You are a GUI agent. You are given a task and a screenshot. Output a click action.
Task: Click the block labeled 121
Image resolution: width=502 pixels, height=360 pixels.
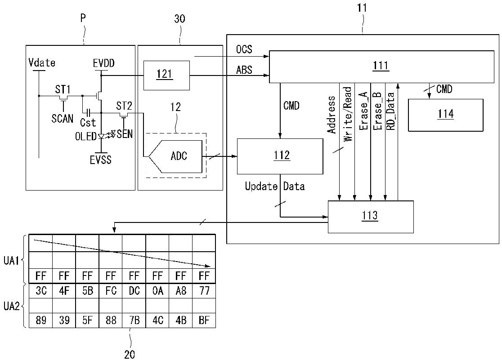click(166, 75)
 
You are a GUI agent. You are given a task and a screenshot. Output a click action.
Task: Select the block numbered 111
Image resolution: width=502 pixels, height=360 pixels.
click(381, 67)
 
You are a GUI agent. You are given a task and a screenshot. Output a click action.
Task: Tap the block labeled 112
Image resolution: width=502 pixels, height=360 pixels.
click(280, 156)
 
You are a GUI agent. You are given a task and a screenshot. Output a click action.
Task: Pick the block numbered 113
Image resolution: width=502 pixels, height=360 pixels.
click(371, 217)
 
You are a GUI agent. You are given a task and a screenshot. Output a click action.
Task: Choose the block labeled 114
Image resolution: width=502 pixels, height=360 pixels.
click(445, 115)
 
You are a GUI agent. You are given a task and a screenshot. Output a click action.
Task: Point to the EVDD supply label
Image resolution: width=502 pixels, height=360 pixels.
click(104, 63)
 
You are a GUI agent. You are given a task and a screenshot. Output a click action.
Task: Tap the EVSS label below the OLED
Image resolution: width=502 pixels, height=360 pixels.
click(100, 160)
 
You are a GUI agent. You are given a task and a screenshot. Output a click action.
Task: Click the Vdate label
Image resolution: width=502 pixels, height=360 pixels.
click(42, 62)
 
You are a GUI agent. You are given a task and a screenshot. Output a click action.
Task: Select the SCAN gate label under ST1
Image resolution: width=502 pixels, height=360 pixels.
click(63, 119)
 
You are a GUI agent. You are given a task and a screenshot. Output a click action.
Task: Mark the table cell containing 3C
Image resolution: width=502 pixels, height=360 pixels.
click(40, 291)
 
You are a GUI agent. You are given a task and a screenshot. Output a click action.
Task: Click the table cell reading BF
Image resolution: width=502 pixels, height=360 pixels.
click(204, 320)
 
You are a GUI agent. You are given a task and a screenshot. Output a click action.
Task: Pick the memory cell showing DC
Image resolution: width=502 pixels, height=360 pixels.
click(134, 291)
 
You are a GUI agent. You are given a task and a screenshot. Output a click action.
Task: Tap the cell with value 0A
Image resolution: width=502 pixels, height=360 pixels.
click(157, 291)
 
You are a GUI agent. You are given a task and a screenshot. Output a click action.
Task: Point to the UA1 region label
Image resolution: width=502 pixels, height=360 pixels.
click(11, 261)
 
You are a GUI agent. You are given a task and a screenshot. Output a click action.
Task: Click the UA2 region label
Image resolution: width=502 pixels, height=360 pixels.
click(11, 307)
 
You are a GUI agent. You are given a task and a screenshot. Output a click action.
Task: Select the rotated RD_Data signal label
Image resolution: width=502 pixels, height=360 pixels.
click(390, 111)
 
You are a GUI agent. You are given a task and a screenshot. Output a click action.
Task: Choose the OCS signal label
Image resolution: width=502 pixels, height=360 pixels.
click(244, 49)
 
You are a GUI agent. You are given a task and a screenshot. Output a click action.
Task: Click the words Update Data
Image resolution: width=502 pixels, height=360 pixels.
click(275, 186)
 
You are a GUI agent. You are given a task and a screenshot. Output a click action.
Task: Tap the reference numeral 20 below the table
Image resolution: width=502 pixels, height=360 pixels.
click(130, 354)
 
